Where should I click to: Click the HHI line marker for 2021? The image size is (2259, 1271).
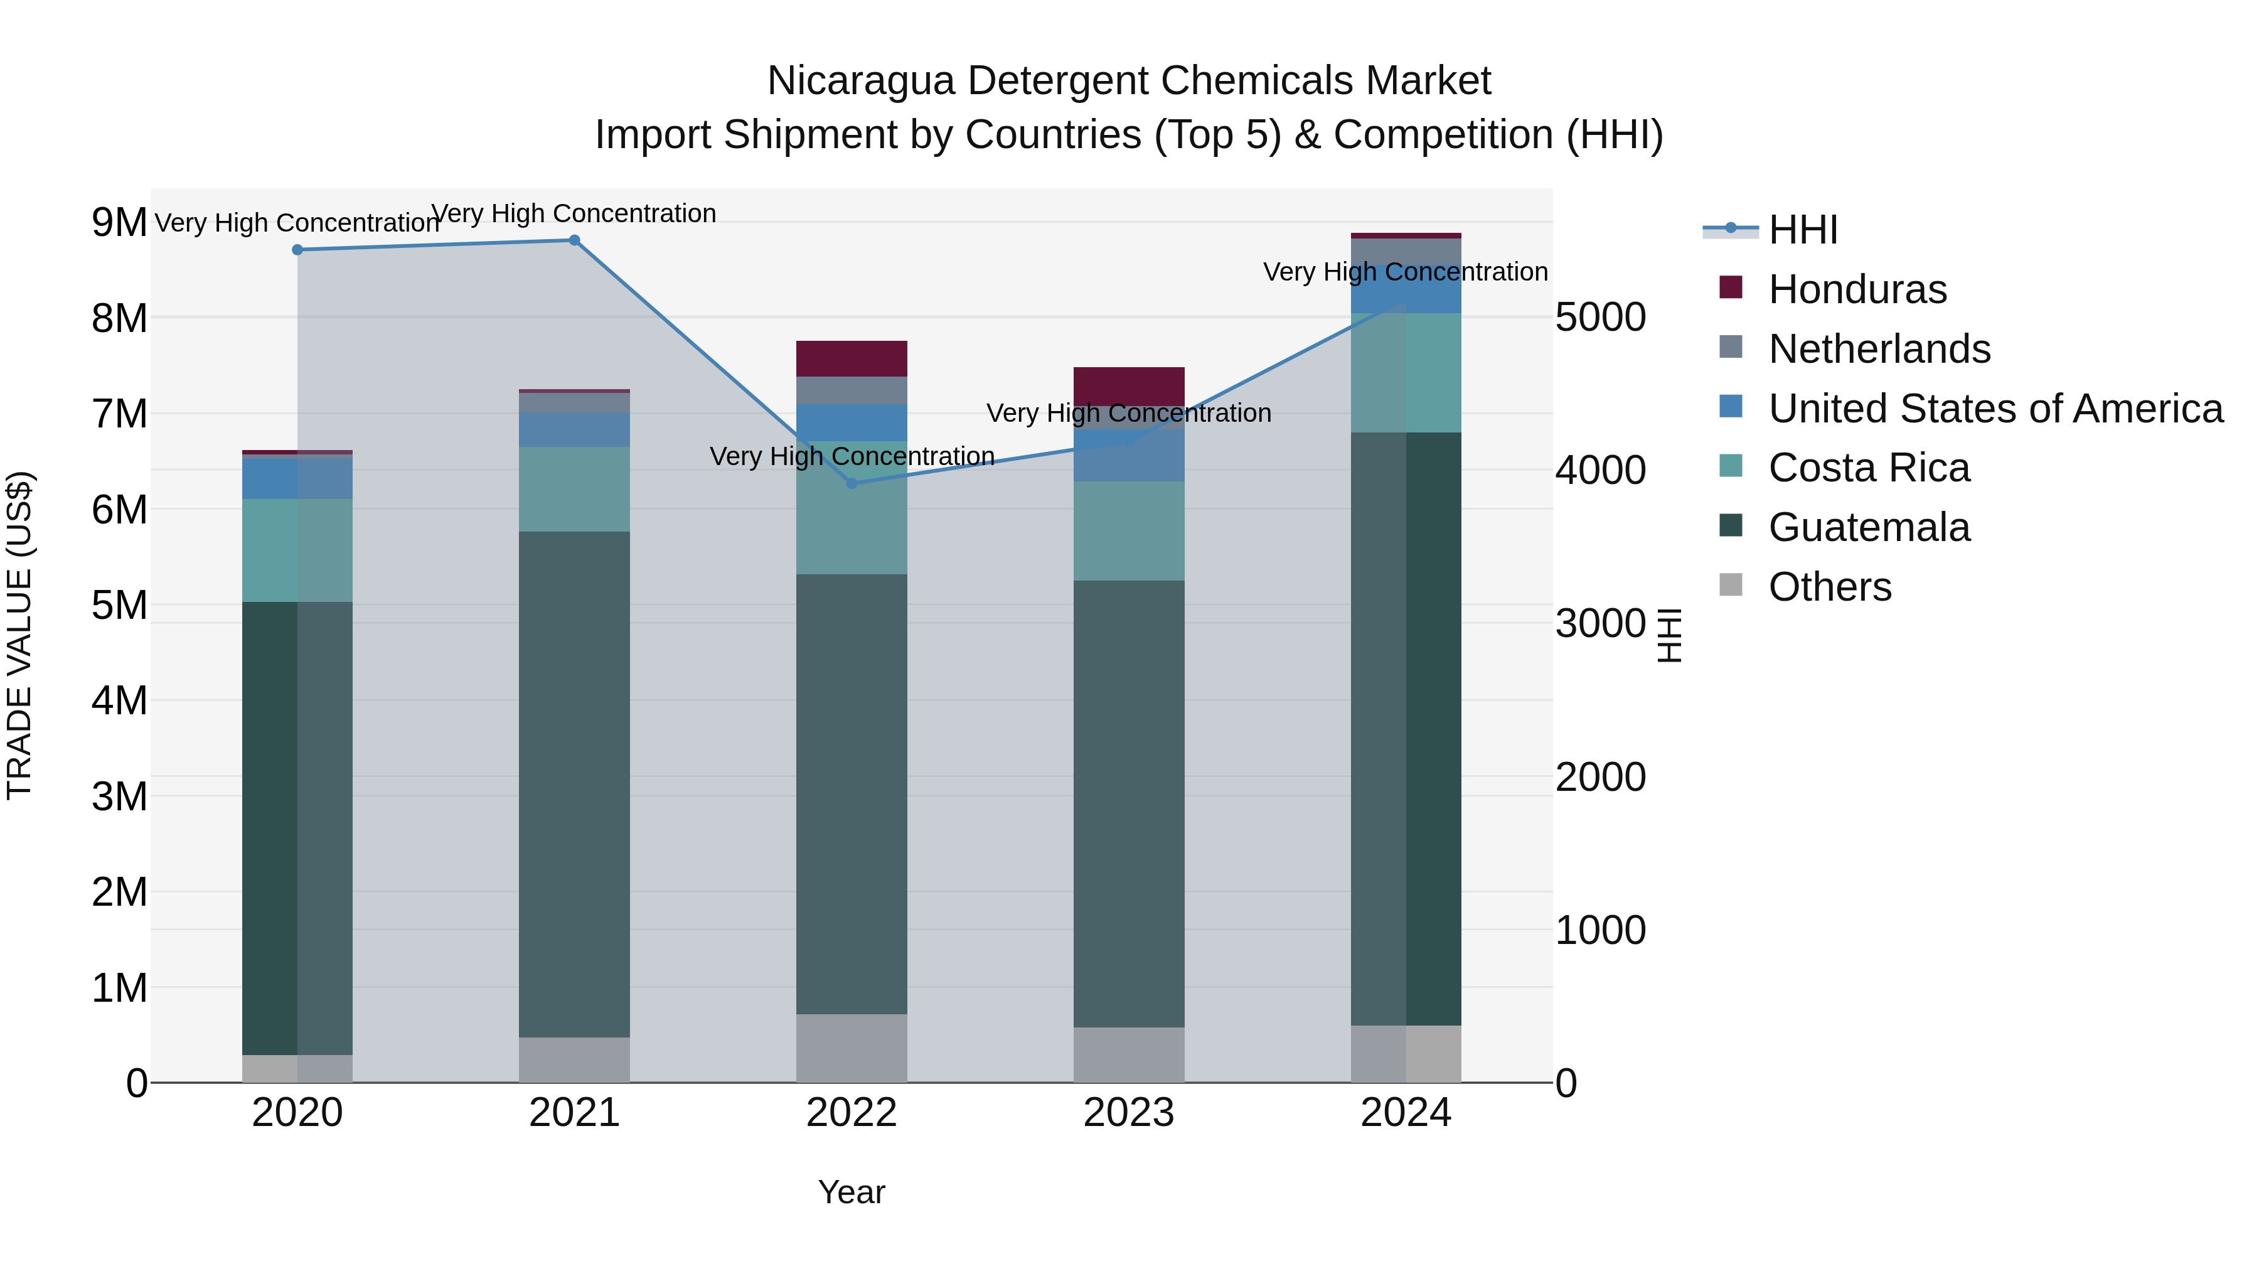[x=574, y=240]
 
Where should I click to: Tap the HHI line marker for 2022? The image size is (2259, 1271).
[x=851, y=483]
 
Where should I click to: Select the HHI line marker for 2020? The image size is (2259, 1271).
[x=297, y=250]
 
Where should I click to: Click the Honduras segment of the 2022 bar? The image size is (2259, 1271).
[x=851, y=359]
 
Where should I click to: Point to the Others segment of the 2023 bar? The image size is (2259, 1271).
[x=1129, y=1054]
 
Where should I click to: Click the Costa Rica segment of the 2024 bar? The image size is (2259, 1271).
[x=1406, y=373]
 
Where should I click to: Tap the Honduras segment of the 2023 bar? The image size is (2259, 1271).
[x=1129, y=386]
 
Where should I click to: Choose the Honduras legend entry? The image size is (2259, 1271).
[x=1857, y=289]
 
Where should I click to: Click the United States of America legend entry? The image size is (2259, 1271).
[x=1995, y=409]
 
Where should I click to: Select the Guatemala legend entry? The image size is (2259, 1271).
[x=1868, y=527]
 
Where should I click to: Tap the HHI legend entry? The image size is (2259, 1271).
[x=1802, y=230]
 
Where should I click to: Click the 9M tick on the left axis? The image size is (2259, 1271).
[x=119, y=222]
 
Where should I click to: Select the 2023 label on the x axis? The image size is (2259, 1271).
[x=1129, y=1113]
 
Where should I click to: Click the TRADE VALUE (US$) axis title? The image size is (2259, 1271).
[x=19, y=635]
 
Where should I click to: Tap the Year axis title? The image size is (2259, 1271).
[x=851, y=1192]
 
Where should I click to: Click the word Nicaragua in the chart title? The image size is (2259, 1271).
[x=860, y=81]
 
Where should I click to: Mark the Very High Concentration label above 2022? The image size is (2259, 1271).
[x=852, y=456]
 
